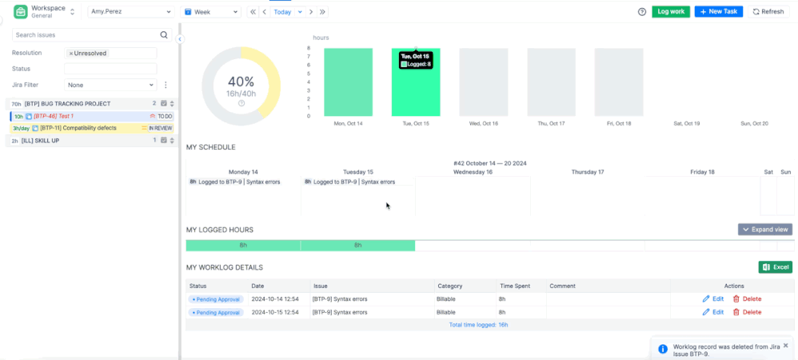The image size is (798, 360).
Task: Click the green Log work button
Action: pos(670,12)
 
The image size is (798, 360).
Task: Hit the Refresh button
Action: pos(768,12)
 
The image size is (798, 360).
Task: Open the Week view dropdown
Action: pos(211,12)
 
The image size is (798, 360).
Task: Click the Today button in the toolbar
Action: pos(282,12)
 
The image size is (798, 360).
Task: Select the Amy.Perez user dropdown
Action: pos(130,12)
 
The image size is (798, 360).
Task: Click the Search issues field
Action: pos(86,35)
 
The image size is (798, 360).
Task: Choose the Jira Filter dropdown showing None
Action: pos(110,85)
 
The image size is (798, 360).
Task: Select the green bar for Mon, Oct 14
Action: pos(348,82)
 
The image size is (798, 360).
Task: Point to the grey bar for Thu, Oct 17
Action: pos(551,82)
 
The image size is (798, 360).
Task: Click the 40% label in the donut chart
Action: pos(241,82)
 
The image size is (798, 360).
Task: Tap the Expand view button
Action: pos(765,230)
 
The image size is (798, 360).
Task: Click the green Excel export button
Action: pos(775,267)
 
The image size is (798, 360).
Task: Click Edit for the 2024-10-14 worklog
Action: pos(713,299)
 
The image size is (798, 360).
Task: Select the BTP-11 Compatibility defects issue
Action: pos(78,128)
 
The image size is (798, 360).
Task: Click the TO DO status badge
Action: pos(165,117)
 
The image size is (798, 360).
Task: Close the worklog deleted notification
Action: pos(785,345)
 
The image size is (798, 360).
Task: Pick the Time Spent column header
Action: pos(513,286)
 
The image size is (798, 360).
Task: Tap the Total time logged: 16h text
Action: pos(478,325)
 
